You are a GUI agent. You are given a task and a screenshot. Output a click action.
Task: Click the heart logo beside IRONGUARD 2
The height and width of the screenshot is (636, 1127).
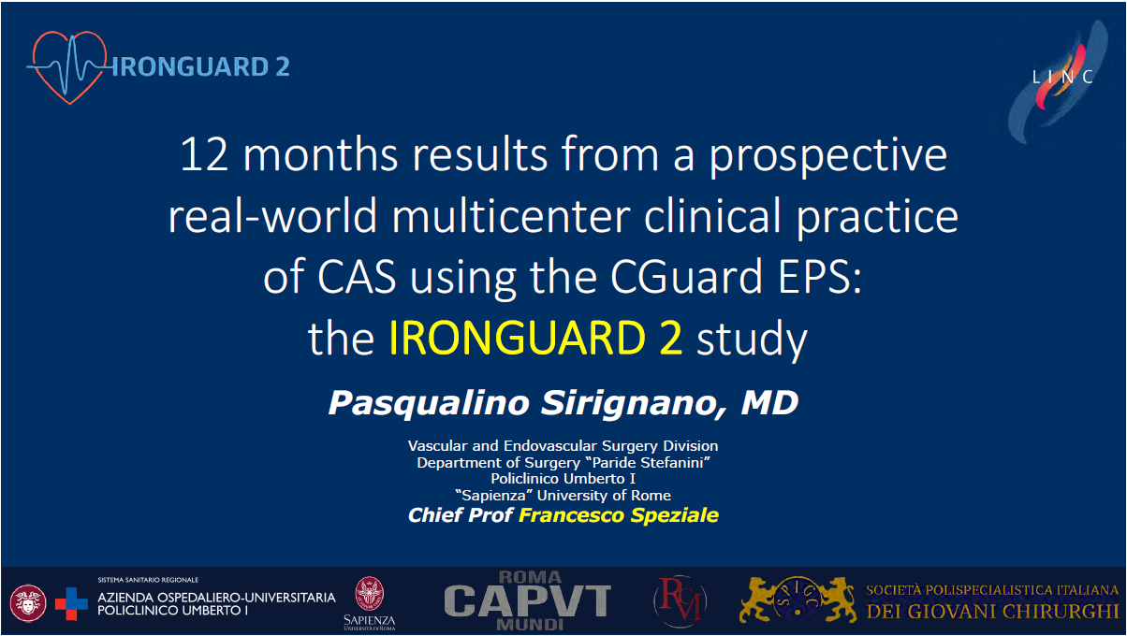69,67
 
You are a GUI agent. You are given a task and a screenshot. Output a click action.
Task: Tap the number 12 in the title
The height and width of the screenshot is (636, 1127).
204,154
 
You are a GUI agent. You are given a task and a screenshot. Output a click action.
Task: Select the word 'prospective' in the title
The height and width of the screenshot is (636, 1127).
827,157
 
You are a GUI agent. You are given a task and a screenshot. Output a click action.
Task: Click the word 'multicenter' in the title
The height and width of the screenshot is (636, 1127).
511,216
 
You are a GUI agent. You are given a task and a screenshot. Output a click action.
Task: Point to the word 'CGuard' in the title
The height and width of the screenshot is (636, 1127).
686,276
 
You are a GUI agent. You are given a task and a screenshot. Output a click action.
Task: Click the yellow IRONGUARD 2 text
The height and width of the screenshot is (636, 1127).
535,338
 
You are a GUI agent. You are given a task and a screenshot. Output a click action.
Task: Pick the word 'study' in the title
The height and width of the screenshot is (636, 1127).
752,340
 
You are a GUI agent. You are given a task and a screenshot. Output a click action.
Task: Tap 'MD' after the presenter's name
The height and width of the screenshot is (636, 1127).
769,403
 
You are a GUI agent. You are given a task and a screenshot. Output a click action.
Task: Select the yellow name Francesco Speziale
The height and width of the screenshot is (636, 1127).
619,515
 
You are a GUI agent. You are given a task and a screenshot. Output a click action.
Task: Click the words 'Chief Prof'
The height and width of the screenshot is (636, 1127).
460,515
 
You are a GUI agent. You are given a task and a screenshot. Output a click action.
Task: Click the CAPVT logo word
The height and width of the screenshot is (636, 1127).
527,600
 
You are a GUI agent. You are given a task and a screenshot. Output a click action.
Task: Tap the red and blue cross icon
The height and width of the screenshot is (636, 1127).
71,603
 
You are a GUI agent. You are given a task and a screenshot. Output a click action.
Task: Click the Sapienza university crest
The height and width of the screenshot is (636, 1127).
370,594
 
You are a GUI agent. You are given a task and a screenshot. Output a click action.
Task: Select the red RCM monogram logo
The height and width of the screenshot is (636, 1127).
680,600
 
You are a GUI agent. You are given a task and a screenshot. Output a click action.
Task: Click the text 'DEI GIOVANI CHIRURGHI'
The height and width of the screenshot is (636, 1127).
992,612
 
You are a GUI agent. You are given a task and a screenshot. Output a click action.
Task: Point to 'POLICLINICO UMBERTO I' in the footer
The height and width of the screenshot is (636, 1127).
172,611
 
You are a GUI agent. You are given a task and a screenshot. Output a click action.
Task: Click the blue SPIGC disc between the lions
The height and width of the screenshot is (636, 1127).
798,599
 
